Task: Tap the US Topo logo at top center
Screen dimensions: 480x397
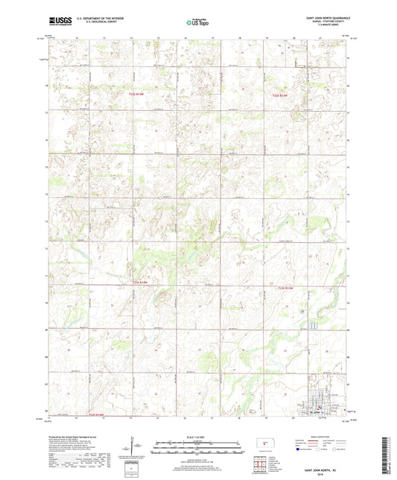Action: pos(197,23)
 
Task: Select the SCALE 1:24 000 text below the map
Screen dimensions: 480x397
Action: pos(197,436)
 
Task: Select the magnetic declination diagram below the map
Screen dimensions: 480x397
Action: pos(131,449)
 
